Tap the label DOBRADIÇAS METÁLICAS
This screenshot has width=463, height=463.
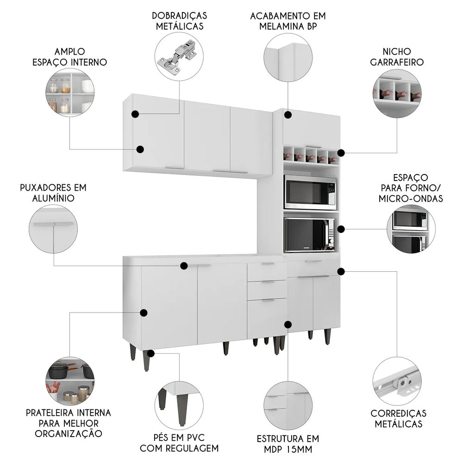179,21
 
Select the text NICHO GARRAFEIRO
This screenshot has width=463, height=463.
397,56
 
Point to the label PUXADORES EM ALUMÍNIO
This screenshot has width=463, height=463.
53,193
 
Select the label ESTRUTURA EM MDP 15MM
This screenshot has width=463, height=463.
288,443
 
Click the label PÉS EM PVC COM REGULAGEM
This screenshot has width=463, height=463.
179,443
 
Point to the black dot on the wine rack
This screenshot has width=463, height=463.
341,152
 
